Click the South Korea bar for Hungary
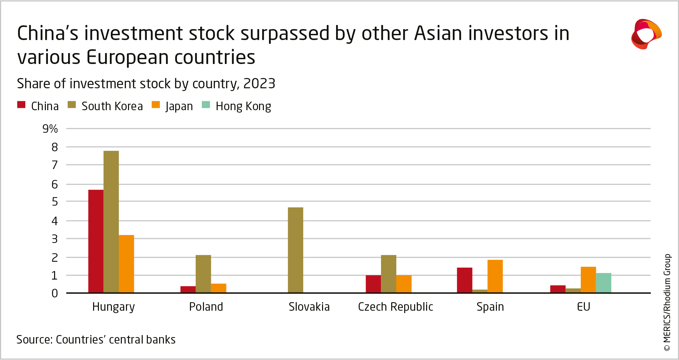click(111, 222)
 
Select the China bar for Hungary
click(96, 241)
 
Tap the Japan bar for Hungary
click(126, 264)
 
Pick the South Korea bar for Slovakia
click(295, 250)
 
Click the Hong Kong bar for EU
click(603, 283)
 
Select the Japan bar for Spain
click(495, 276)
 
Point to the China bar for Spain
click(464, 280)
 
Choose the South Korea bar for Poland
click(203, 274)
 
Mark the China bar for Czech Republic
click(373, 284)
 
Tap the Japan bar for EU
click(588, 280)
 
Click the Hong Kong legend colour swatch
click(206, 105)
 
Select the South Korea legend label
click(112, 106)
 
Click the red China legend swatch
click(21, 105)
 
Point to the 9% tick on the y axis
click(50, 129)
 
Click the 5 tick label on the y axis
click(55, 202)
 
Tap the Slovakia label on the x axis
click(309, 307)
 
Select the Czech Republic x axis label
click(395, 307)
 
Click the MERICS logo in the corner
click(646, 34)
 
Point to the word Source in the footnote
click(34, 339)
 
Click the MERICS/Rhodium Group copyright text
click(667, 303)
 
